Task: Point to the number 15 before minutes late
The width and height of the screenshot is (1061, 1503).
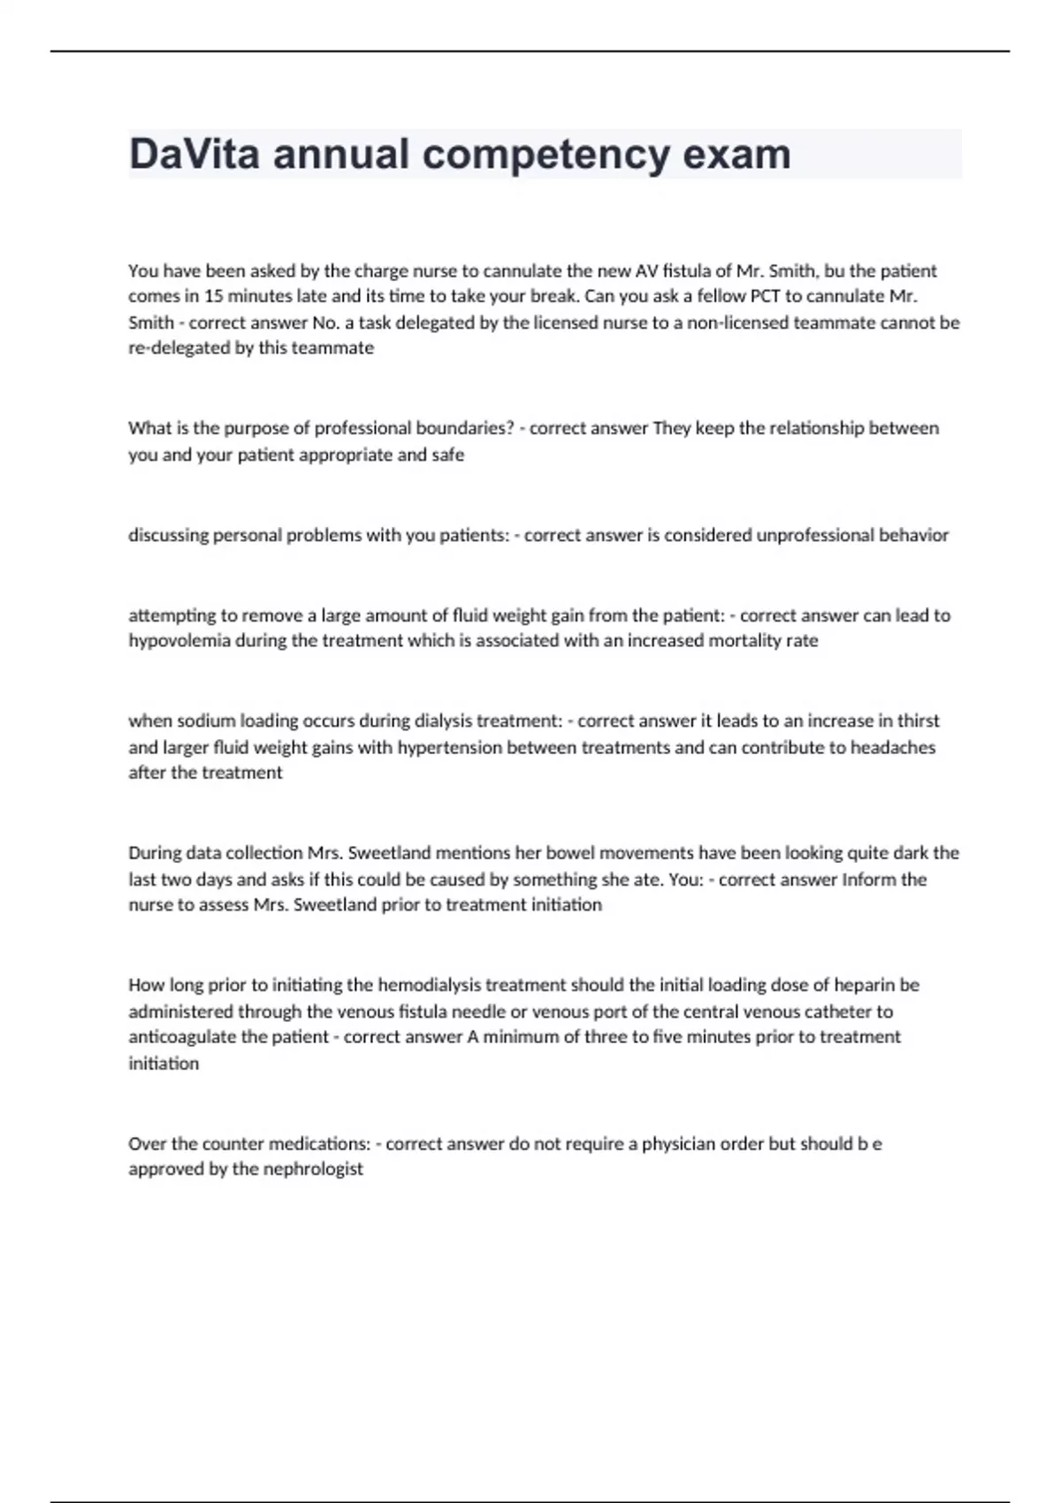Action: (213, 296)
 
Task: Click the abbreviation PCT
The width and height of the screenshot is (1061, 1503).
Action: (765, 296)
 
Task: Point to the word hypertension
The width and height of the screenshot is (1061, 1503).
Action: (449, 747)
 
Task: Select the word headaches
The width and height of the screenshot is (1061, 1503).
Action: (893, 747)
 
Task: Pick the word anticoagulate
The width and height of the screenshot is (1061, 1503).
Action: (182, 1037)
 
